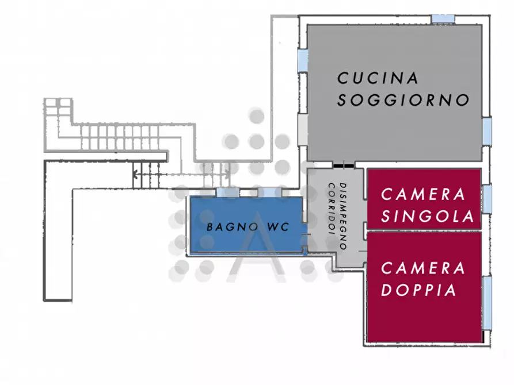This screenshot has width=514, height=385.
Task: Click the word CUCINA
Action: coord(378,78)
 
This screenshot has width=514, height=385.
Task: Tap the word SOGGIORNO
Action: coord(403,100)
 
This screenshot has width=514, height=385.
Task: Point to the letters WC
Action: coord(278,227)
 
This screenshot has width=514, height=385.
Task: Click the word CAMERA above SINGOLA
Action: coord(423,194)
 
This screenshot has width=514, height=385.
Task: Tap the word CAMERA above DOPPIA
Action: coord(423,268)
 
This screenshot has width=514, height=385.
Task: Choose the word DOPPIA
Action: coord(418,290)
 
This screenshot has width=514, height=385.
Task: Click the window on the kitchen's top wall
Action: coord(444,19)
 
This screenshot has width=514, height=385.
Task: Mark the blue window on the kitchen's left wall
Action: coord(302,59)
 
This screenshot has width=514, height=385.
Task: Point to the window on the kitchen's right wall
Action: coord(487,131)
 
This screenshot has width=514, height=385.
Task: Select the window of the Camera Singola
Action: coord(487,199)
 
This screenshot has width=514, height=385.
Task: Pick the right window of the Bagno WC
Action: coord(266,192)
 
